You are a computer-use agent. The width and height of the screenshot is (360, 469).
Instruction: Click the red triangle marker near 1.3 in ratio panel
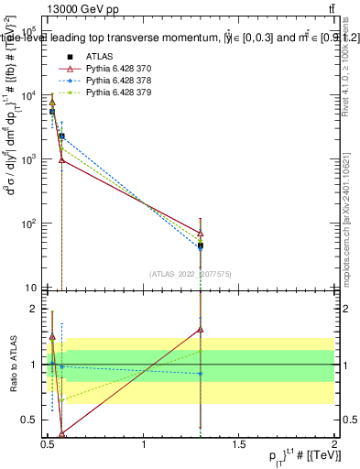coord(201,330)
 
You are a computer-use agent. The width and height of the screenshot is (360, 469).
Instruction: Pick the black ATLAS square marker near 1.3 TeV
coord(201,245)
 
